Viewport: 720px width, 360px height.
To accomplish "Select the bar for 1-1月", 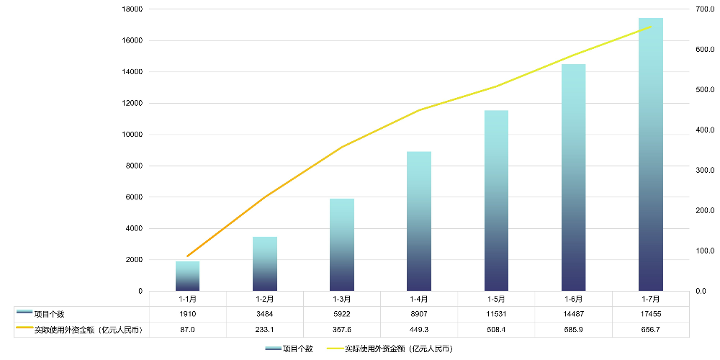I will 187,276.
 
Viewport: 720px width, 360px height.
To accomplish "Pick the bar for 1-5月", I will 496,201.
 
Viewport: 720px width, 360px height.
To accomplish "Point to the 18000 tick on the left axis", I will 132,9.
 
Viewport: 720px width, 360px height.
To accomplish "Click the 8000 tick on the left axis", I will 135,166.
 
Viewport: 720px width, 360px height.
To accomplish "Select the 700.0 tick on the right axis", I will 705,9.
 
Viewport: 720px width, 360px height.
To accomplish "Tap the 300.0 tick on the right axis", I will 705,171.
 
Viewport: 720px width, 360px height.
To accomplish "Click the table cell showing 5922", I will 342,314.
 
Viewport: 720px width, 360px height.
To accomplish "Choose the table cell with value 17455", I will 651,314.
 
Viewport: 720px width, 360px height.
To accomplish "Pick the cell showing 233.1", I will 265,330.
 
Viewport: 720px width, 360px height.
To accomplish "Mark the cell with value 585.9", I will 574,330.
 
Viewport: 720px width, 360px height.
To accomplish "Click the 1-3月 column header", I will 342,299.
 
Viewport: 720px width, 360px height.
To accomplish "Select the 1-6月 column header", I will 574,299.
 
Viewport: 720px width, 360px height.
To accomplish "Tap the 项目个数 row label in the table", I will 50,314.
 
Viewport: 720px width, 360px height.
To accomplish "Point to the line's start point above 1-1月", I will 187,256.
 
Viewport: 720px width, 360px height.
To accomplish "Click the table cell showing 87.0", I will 187,330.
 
